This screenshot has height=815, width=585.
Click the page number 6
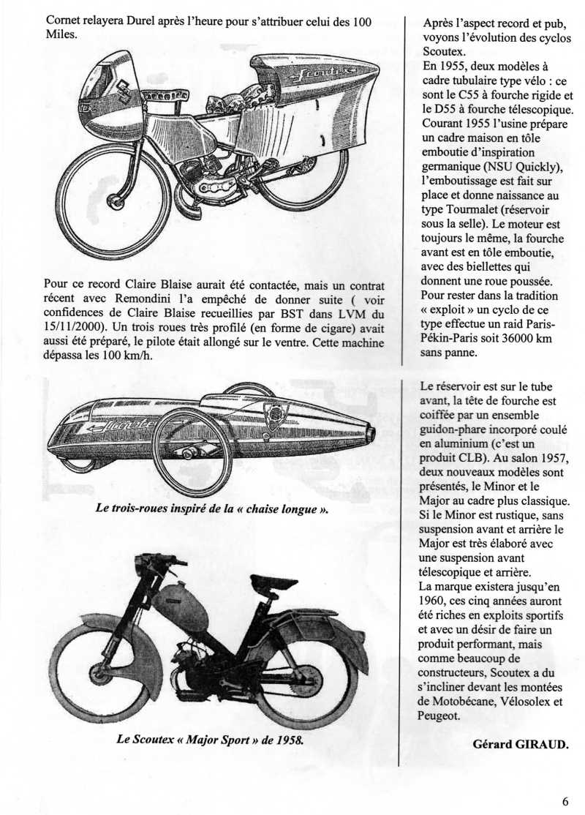(x=565, y=800)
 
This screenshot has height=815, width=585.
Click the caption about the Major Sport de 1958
(x=210, y=739)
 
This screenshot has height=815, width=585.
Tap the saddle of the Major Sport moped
(x=273, y=583)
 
